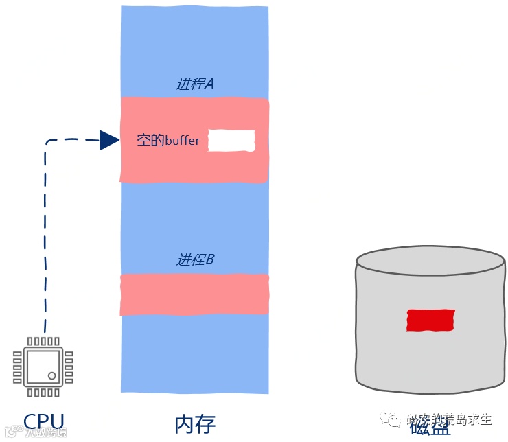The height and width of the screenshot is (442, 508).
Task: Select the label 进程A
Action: tap(196, 84)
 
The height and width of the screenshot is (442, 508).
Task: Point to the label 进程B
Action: tap(196, 260)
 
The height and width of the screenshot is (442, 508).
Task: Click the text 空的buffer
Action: tap(169, 141)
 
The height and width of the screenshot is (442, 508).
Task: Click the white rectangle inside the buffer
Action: tap(231, 141)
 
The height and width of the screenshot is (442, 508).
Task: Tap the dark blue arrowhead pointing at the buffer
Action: tap(109, 140)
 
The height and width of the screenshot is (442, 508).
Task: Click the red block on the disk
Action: tap(430, 321)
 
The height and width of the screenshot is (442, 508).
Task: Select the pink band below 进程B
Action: tap(194, 294)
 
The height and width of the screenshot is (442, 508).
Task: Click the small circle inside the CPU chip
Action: tap(53, 375)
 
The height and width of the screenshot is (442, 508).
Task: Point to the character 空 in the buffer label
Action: tap(143, 141)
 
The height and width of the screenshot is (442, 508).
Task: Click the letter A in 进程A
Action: tap(210, 84)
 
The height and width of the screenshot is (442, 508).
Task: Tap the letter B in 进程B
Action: tap(210, 260)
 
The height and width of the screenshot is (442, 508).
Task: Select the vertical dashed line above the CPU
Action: tap(45, 240)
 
